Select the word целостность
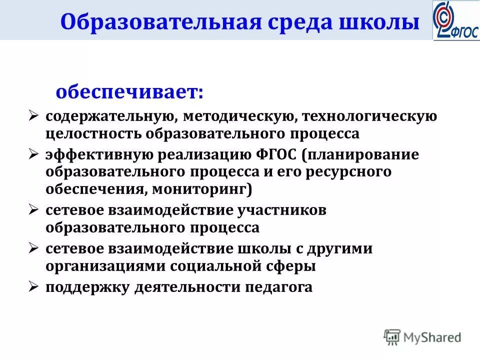(x=93, y=134)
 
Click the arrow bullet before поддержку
(x=33, y=286)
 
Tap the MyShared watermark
(x=423, y=337)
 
